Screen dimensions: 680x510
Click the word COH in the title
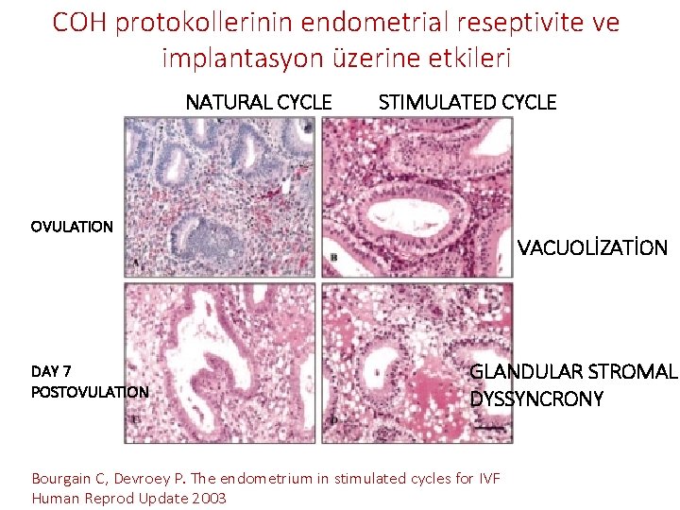[x=79, y=23]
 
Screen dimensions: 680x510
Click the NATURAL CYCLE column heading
[x=258, y=102]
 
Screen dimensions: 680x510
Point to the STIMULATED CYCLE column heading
[x=467, y=102]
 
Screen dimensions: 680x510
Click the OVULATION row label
[x=72, y=227]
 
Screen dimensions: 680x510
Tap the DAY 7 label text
[x=51, y=371]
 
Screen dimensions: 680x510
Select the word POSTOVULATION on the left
[x=90, y=391]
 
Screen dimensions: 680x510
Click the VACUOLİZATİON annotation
[x=592, y=249]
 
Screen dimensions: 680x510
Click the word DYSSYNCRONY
[x=536, y=399]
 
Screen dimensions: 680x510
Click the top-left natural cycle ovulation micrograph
[x=220, y=196]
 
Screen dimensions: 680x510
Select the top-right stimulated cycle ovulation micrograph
[x=417, y=196]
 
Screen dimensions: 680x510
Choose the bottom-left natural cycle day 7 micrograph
[x=220, y=363]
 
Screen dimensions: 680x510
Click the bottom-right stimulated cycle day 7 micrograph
[x=417, y=363]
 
